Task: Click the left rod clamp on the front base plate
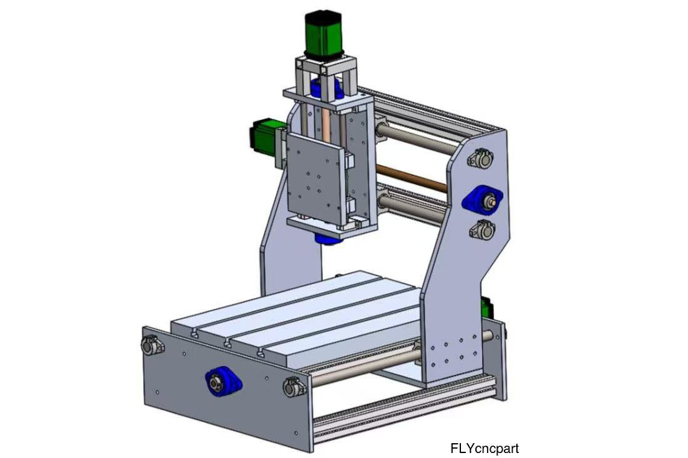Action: pyautogui.click(x=152, y=344)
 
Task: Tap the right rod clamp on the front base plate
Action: pyautogui.click(x=294, y=387)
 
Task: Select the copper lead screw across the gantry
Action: pyautogui.click(x=411, y=178)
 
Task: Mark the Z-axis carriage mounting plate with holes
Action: pyautogui.click(x=314, y=180)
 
